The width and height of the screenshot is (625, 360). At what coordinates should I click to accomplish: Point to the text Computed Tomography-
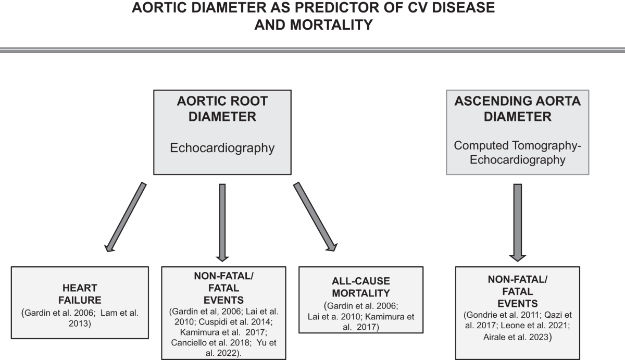click(x=517, y=145)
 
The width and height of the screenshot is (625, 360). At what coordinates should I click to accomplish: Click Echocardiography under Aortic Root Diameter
click(x=222, y=147)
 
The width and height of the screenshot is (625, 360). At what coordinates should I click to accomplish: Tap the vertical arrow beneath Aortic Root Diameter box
click(x=222, y=221)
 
